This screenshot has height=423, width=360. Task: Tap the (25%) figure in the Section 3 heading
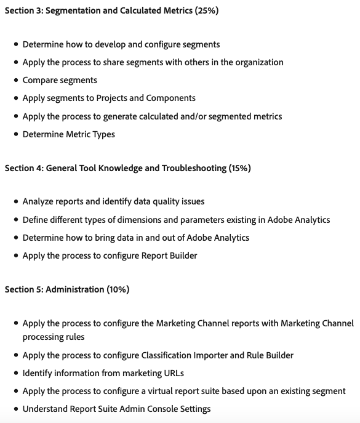pyautogui.click(x=205, y=10)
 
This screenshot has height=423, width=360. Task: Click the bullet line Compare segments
pyautogui.click(x=60, y=80)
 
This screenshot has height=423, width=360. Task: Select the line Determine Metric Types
pyautogui.click(x=68, y=134)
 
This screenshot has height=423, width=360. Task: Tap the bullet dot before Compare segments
pyautogui.click(x=15, y=80)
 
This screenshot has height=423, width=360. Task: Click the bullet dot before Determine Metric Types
pyautogui.click(x=15, y=134)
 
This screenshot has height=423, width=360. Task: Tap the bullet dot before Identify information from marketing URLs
pyautogui.click(x=15, y=373)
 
